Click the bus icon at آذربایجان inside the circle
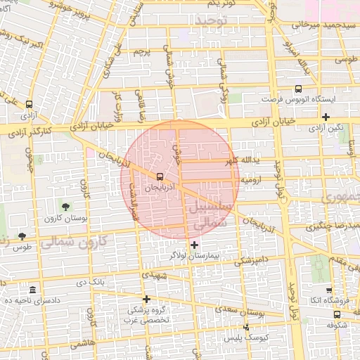[x=160, y=176]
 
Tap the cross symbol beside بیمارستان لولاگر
[x=195, y=245]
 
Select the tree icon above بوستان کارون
[x=65, y=207]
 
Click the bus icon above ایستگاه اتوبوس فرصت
[x=298, y=89]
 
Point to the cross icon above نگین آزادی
[x=326, y=117]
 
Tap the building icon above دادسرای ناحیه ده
[x=33, y=290]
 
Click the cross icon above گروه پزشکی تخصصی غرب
[x=146, y=299]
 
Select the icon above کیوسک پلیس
[x=245, y=327]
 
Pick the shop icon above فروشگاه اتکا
[x=329, y=290]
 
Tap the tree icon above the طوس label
[x=22, y=236]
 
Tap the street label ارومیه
[x=252, y=181]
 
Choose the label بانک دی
[x=94, y=282]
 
